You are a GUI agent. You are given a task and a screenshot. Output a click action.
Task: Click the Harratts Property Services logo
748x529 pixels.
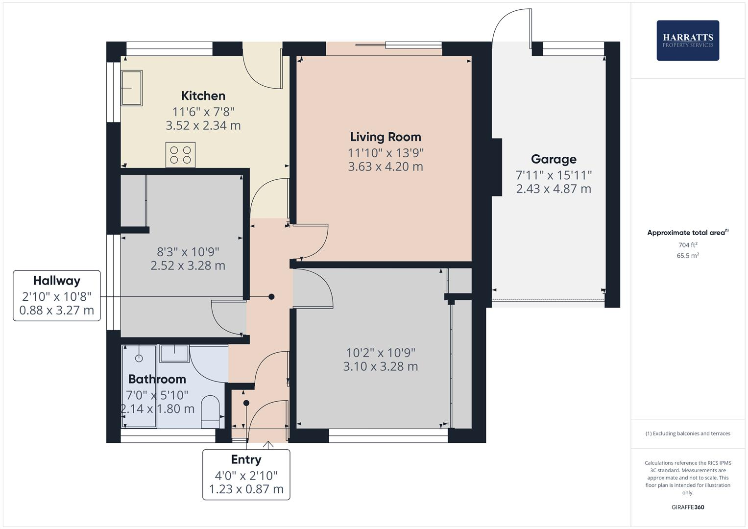(x=687, y=40)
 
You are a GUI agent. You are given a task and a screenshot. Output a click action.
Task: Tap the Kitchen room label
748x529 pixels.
(x=203, y=96)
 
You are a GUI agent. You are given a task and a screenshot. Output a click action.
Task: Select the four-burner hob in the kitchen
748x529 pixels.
(x=180, y=155)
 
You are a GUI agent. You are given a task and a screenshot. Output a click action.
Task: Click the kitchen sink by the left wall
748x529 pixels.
(x=132, y=88)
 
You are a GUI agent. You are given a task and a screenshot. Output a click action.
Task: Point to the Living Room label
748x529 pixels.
(x=386, y=137)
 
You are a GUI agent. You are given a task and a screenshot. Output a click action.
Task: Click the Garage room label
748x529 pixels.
(x=554, y=159)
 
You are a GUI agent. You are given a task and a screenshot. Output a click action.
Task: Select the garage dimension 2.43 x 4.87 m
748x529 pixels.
(x=554, y=189)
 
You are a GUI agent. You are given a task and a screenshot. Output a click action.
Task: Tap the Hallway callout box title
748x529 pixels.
(x=56, y=281)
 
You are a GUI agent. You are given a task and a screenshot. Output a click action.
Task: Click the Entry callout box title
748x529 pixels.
(x=246, y=459)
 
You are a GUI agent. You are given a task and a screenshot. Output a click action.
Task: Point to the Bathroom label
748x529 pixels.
(x=157, y=379)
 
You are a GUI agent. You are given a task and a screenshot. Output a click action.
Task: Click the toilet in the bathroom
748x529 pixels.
(x=211, y=411)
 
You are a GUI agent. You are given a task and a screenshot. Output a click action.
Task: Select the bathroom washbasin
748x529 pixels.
(x=174, y=353)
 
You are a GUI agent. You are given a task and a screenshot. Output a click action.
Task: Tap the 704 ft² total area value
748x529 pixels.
(x=687, y=245)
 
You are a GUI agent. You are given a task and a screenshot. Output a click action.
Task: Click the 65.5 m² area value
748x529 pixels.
(x=687, y=256)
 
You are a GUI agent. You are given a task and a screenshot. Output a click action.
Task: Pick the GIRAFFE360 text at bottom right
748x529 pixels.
(x=687, y=507)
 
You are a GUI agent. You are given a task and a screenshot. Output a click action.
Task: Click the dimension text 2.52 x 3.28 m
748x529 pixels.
(x=188, y=266)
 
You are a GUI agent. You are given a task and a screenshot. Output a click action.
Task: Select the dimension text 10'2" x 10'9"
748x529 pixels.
(x=380, y=353)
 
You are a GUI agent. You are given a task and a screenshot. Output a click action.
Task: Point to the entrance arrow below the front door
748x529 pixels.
(x=268, y=445)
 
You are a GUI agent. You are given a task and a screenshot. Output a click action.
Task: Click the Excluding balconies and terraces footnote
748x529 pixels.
(x=687, y=433)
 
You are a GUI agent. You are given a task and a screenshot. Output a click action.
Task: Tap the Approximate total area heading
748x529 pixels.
(x=687, y=233)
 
